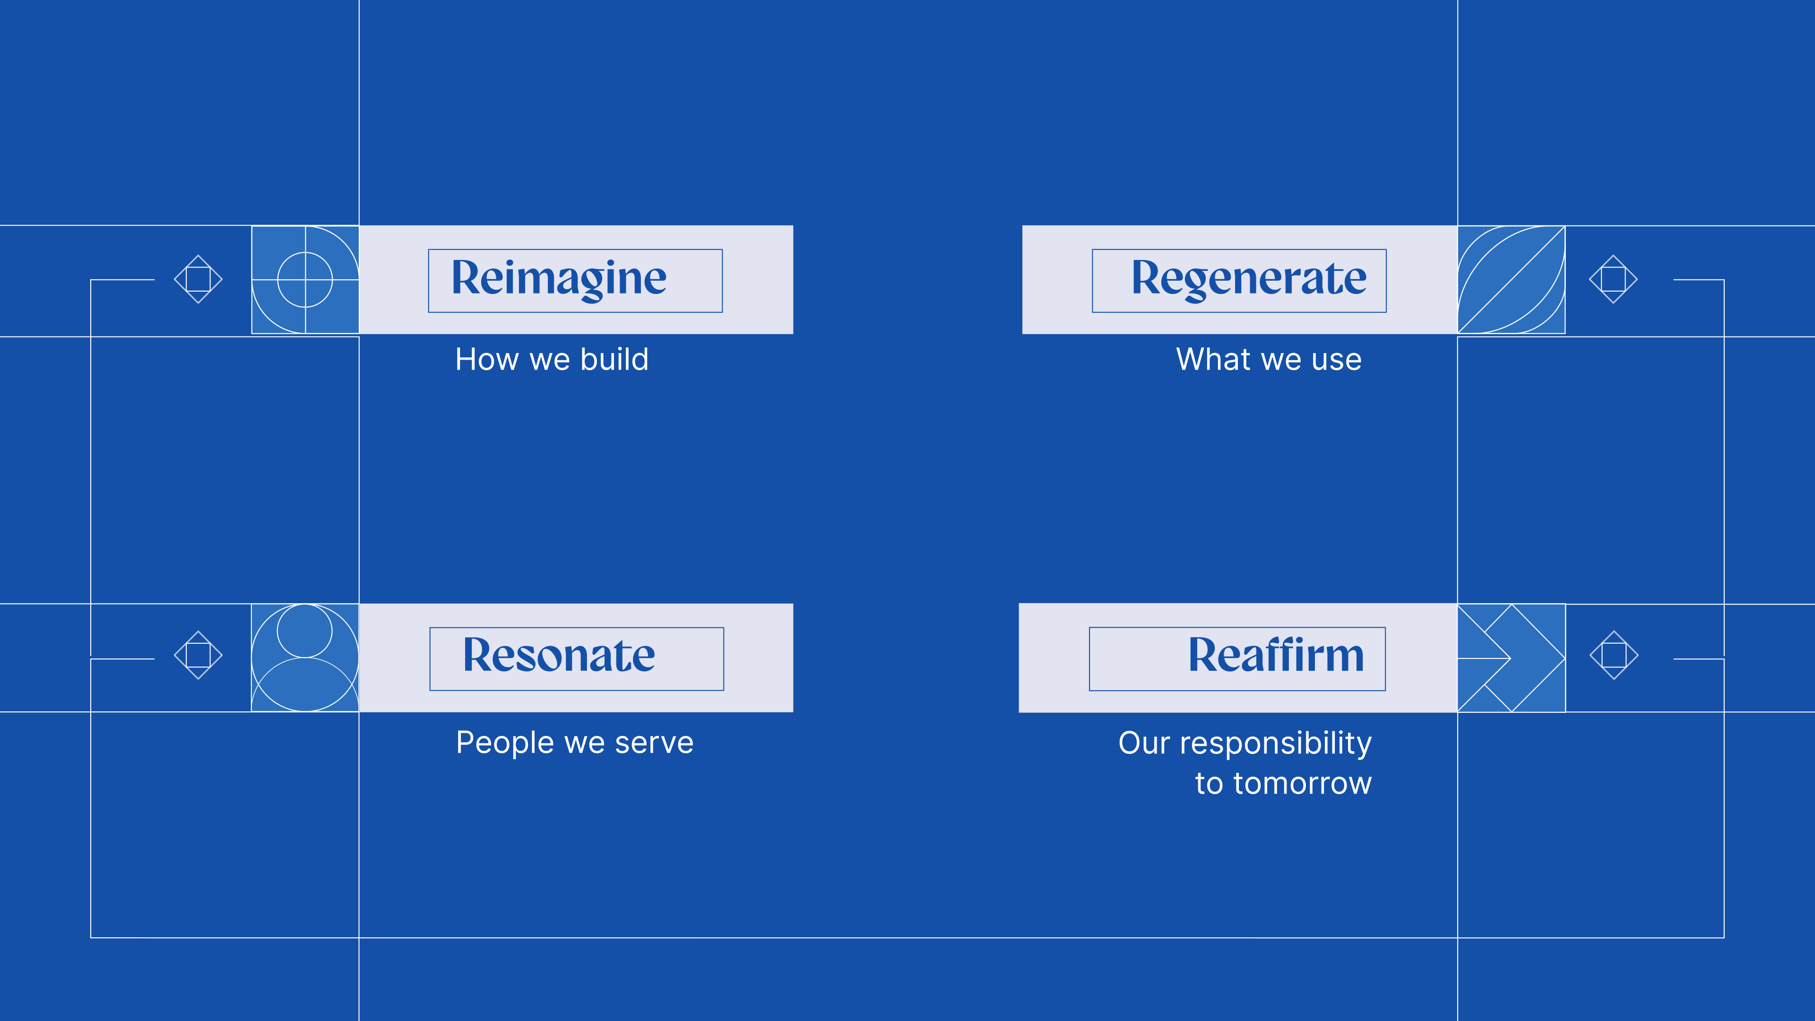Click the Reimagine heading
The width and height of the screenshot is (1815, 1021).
[x=559, y=279]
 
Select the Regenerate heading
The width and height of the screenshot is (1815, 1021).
[x=1248, y=279]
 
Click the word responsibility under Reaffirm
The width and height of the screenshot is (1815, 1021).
[x=1275, y=744]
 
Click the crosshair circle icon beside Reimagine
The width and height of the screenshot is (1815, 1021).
[x=305, y=280]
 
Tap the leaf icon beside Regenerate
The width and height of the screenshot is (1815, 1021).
[x=1512, y=280]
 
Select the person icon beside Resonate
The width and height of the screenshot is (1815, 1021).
[x=305, y=658]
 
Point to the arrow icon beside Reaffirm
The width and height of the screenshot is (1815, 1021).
[x=1512, y=658]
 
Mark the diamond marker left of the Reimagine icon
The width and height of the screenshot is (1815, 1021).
[x=198, y=279]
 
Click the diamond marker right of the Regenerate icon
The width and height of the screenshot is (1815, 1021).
[x=1614, y=279]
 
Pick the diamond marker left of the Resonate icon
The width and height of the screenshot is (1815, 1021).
[x=198, y=655]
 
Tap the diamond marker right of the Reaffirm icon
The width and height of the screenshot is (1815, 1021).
[x=1614, y=655]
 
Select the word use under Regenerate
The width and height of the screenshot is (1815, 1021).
[x=1337, y=361]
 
